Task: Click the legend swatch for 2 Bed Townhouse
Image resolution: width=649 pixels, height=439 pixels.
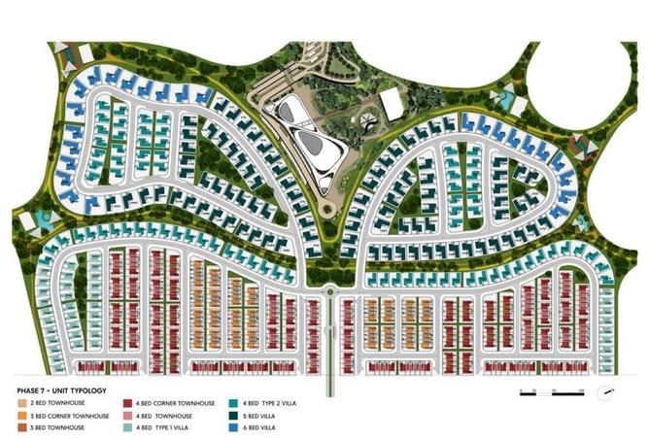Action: pos(20,402)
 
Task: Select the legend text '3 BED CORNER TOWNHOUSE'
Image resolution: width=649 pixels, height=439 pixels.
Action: pos(61,415)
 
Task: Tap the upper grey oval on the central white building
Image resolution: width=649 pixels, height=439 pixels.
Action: pos(293,116)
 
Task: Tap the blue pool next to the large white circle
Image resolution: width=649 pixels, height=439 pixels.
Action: pos(506,95)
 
